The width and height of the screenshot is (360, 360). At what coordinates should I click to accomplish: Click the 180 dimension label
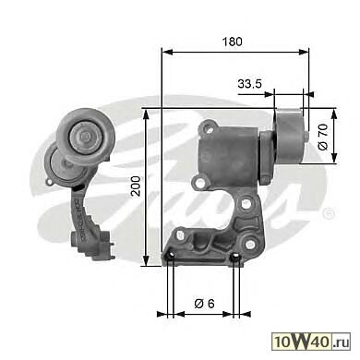233,42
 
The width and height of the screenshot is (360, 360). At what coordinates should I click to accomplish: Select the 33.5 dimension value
249,83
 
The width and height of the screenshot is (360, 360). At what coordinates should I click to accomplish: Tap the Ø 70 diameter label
323,137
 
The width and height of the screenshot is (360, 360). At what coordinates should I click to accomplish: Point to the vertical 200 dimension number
136,186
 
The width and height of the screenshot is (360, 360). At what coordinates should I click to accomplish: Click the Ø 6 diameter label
204,304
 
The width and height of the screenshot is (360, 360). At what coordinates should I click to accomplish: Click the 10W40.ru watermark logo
311,342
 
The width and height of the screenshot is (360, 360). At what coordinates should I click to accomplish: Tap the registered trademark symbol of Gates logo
329,213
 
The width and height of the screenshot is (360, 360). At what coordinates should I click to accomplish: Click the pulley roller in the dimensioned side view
290,137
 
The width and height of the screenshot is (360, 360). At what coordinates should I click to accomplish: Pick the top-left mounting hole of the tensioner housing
210,128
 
